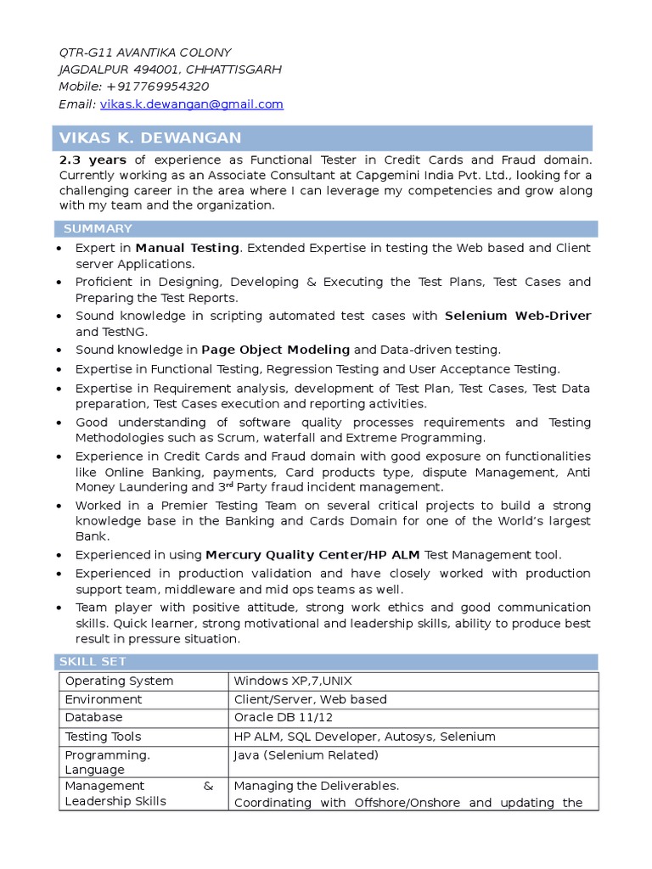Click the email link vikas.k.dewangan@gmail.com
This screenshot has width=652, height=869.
point(191,104)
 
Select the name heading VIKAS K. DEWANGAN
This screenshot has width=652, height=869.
point(149,137)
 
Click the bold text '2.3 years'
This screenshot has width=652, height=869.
point(93,160)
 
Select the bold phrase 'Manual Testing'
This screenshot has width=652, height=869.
point(187,248)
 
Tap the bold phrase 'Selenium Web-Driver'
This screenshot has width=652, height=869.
point(518,316)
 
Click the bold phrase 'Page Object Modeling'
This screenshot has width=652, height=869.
point(275,349)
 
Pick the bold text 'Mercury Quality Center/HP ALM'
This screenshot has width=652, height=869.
point(312,554)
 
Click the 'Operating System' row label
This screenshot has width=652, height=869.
point(119,681)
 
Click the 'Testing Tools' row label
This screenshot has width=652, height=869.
point(103,737)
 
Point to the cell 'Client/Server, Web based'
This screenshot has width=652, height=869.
point(310,699)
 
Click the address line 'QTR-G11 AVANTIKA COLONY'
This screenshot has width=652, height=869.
point(143,53)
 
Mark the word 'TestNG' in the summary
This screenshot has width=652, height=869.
point(124,332)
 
